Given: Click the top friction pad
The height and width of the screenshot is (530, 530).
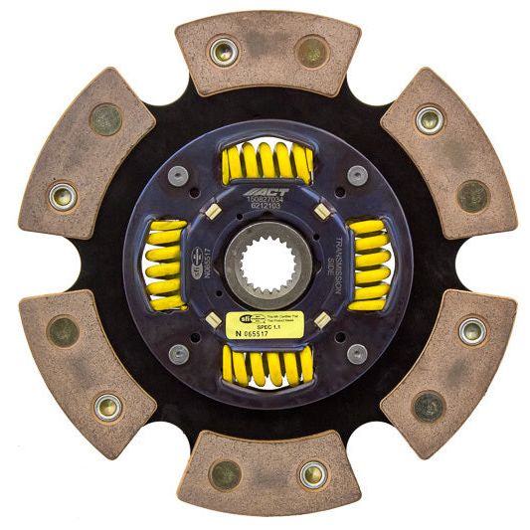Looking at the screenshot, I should tap(266, 52).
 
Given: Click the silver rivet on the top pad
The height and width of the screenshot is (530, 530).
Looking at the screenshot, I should tap(223, 51).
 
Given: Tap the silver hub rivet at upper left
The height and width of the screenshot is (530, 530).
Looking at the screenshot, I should tap(179, 175).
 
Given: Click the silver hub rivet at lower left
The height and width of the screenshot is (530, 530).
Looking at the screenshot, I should tap(179, 353).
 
